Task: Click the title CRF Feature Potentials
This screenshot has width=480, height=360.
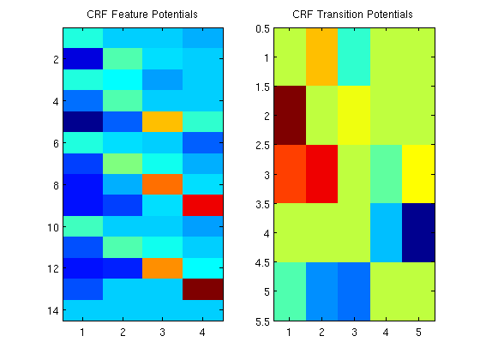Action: pos(142,15)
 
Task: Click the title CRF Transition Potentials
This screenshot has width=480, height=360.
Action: pos(352,15)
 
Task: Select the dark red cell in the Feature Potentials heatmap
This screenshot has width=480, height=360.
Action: pos(202,290)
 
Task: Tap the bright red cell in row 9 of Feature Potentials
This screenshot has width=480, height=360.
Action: pos(202,206)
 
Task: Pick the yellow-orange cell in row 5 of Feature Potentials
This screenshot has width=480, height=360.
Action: pos(163,122)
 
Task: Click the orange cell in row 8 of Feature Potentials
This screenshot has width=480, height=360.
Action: pos(163,184)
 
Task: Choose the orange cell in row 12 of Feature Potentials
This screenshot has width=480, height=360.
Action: pos(163,268)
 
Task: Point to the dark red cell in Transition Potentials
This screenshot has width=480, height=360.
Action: pos(290,116)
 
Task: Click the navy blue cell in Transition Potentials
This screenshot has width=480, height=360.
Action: pos(418,232)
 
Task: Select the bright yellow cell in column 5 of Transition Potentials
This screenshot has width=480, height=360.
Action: pos(418,174)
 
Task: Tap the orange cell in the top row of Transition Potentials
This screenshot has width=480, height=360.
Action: pos(322,57)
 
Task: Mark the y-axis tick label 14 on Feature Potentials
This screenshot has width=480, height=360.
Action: pos(52,311)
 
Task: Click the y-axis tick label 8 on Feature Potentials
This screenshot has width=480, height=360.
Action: pos(56,185)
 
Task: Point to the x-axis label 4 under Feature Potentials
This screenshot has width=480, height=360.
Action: pos(202,333)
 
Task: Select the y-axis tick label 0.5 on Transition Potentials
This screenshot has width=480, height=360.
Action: pos(262,29)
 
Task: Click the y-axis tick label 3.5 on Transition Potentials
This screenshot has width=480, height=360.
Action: pos(262,204)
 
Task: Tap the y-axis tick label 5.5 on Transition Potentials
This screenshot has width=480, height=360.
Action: pos(262,321)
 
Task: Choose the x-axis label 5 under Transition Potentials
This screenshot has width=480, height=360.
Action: pos(418,333)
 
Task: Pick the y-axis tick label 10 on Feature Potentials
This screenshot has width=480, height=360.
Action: pos(52,227)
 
